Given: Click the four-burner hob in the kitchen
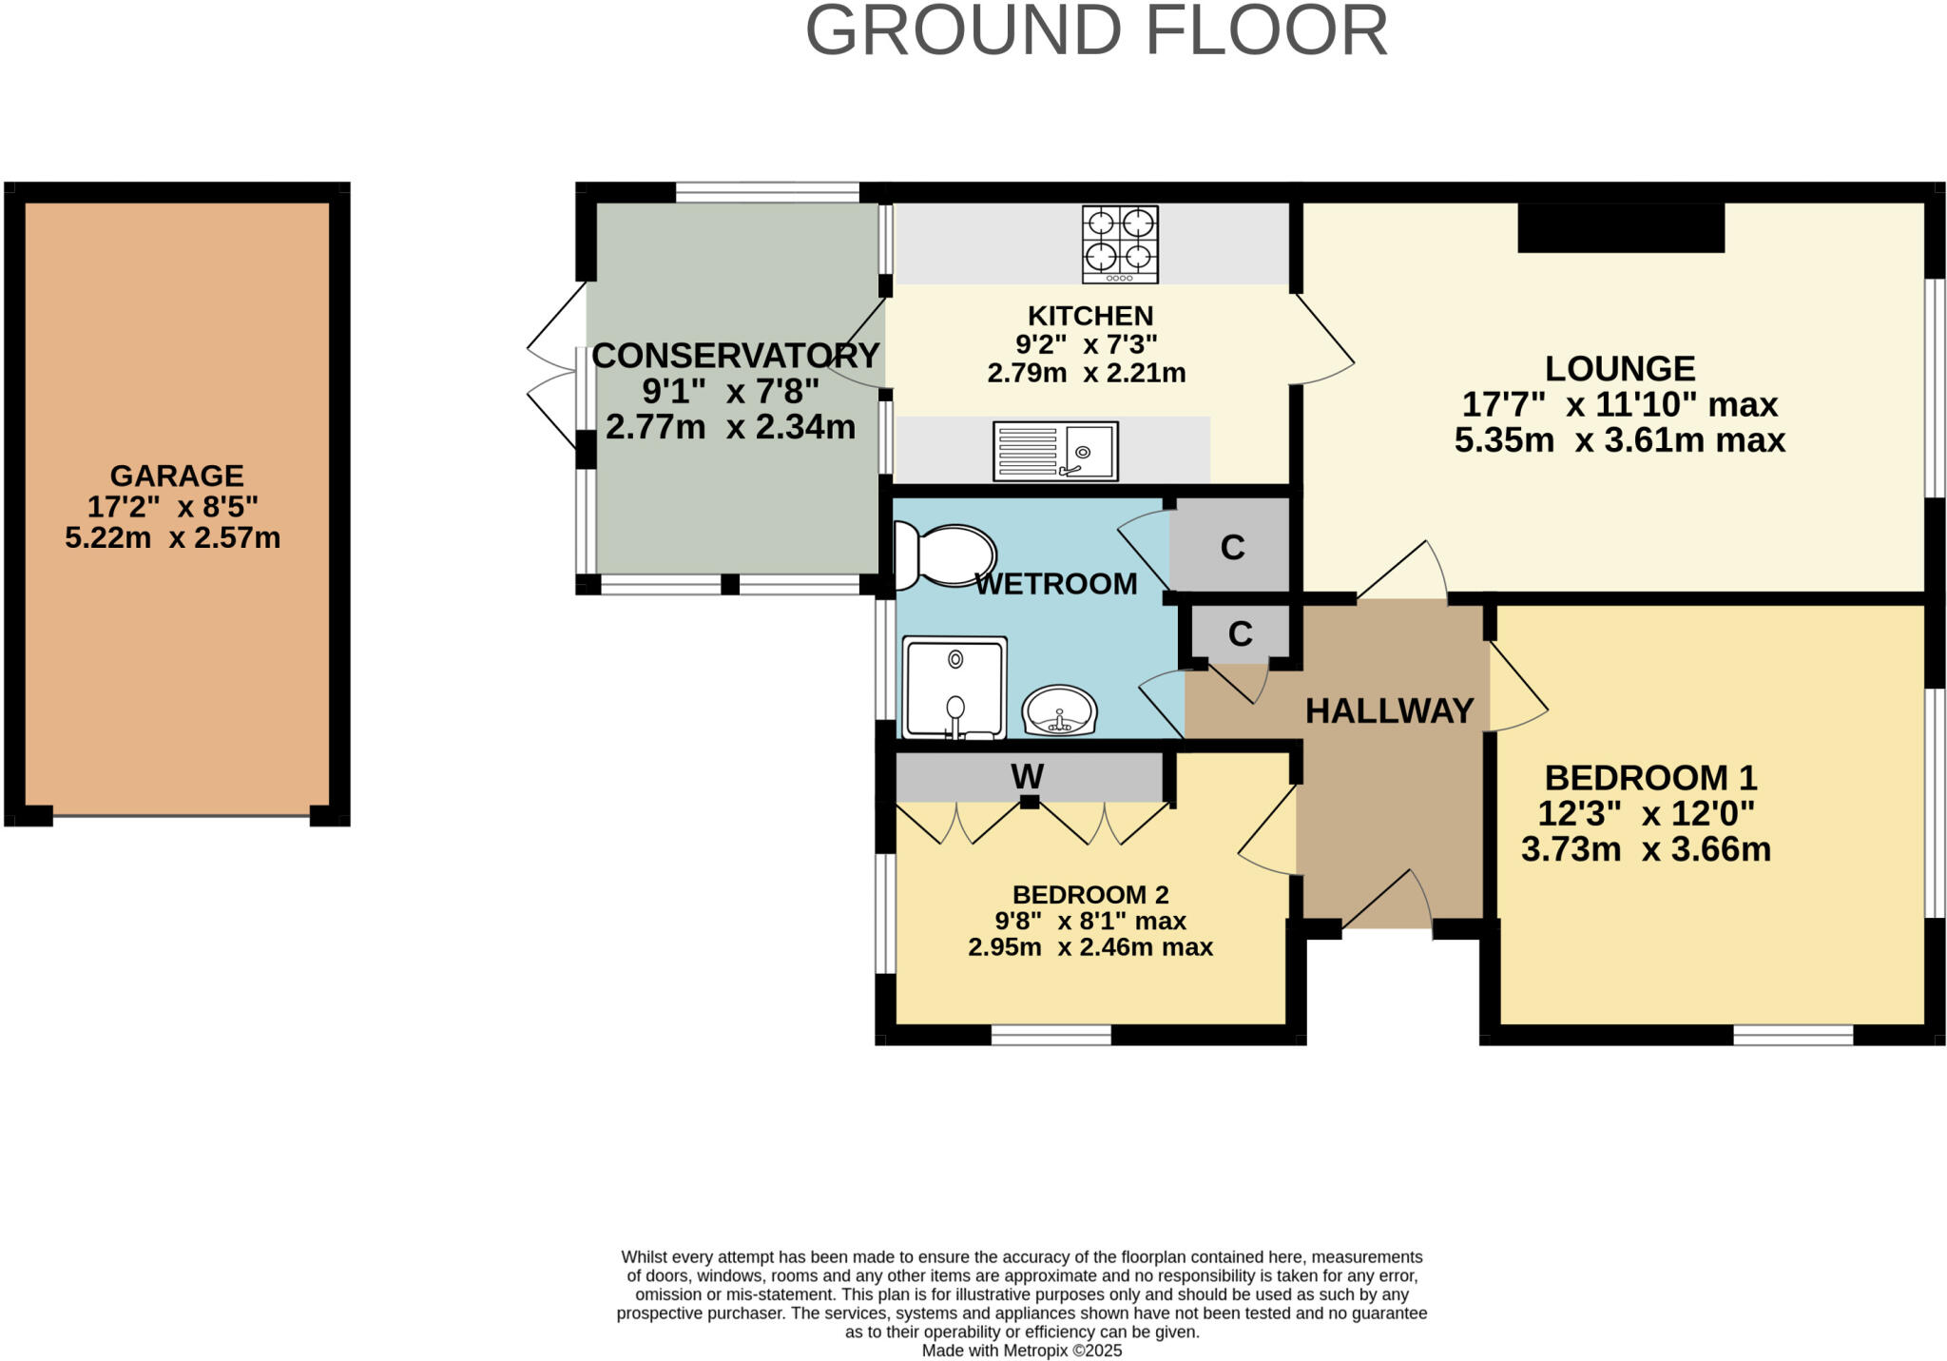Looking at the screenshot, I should (1120, 244).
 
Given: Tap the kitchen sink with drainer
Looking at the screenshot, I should (1055, 451).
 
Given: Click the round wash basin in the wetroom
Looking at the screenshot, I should (1060, 710).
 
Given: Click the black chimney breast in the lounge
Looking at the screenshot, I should (1620, 228).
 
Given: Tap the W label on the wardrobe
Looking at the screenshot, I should (1027, 777).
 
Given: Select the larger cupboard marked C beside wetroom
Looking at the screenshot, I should (1232, 547).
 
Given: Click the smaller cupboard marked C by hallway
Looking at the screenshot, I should (1240, 633).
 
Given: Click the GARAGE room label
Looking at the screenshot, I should (177, 475).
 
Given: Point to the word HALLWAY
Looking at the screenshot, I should (1389, 710).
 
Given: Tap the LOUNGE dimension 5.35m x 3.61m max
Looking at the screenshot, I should (1619, 440).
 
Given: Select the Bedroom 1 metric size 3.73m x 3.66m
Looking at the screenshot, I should (1646, 849).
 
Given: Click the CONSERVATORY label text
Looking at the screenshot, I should (735, 355).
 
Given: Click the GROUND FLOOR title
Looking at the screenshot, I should (1096, 31).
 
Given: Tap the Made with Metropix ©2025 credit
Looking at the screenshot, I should (1021, 1351).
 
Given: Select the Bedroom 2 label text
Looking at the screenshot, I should (1090, 894).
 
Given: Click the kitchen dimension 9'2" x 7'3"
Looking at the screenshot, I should (1086, 344).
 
